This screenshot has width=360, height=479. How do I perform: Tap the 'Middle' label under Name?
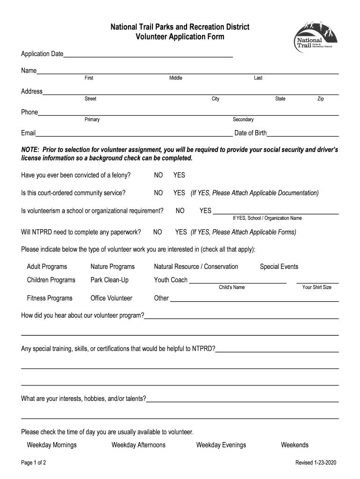pyautogui.click(x=176, y=78)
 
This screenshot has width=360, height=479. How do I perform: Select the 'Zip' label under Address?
pyautogui.click(x=320, y=99)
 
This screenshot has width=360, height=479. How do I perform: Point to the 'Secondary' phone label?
pyautogui.click(x=243, y=120)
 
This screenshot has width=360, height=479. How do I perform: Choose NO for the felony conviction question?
pyautogui.click(x=158, y=175)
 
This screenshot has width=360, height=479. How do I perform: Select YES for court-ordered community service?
pyautogui.click(x=179, y=193)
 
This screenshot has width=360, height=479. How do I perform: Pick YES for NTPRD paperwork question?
pyautogui.click(x=181, y=232)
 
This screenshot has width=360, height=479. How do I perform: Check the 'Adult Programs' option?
pyautogui.click(x=47, y=267)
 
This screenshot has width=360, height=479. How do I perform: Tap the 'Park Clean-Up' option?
pyautogui.click(x=109, y=280)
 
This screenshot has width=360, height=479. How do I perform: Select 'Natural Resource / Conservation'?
pyautogui.click(x=196, y=267)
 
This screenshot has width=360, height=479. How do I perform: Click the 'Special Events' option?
pyautogui.click(x=279, y=267)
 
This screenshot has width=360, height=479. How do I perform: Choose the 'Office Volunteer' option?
pyautogui.click(x=111, y=298)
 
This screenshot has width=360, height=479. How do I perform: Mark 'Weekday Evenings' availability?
pyautogui.click(x=221, y=445)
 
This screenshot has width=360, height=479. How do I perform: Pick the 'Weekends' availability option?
pyautogui.click(x=295, y=445)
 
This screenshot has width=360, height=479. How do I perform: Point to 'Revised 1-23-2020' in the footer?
pyautogui.click(x=316, y=463)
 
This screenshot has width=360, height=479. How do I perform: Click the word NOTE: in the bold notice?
pyautogui.click(x=30, y=150)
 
